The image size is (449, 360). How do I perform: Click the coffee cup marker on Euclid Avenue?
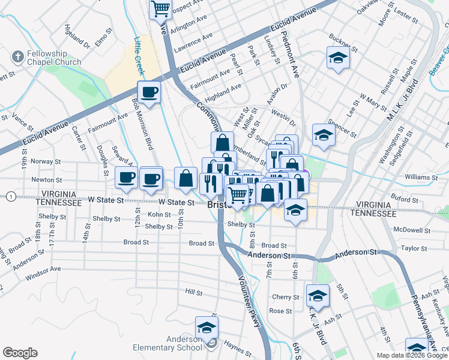(x=149, y=92)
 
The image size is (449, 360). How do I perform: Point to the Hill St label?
(x=193, y=292)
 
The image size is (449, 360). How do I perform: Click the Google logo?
(x=20, y=353)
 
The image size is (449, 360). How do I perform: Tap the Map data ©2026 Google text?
(x=411, y=355)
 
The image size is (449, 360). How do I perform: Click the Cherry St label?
(x=285, y=297)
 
